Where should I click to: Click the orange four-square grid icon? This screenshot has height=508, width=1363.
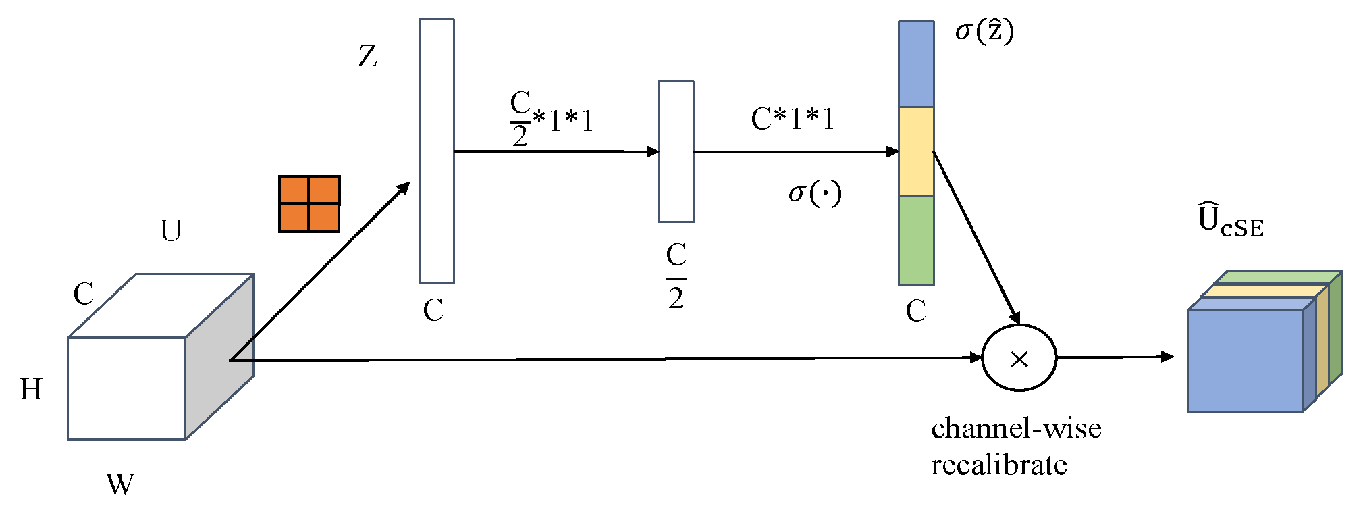309,204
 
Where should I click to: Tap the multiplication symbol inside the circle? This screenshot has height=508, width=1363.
1019,359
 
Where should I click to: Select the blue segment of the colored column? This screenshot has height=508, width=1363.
916,64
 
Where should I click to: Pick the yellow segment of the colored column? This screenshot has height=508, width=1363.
916,151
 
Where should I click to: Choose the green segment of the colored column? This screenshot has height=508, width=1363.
916,240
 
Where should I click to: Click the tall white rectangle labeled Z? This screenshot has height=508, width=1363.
436,151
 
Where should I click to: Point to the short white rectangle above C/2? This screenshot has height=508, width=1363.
676,151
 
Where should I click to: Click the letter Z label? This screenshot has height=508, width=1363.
367,56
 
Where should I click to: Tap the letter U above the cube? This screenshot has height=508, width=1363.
171,230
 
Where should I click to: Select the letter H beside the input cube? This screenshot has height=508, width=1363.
31,390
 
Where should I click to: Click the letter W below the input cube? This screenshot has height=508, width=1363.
120,484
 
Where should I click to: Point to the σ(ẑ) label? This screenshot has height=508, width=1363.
984,31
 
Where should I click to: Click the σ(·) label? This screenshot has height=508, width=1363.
815,194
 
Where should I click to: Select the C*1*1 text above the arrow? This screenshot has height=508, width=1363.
793,120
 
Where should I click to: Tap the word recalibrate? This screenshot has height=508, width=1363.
998,465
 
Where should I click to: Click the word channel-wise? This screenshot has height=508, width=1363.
1016,428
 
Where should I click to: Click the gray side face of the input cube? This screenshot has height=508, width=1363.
219,357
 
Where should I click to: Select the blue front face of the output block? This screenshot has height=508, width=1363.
1245,361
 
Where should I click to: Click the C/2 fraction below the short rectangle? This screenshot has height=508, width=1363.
676,276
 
